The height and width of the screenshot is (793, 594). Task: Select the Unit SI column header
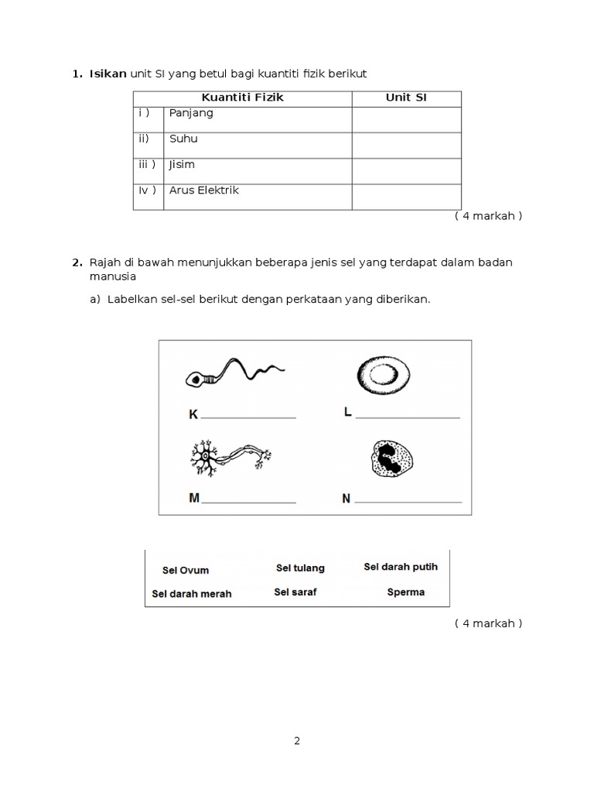(406, 98)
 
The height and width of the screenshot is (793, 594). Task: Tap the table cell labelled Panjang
(191, 113)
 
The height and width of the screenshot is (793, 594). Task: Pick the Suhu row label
(183, 139)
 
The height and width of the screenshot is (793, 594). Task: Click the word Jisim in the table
(182, 165)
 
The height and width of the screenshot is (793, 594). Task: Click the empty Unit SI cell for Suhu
(406, 145)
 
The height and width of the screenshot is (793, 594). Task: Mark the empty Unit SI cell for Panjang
(406, 118)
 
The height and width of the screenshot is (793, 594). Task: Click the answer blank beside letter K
(247, 417)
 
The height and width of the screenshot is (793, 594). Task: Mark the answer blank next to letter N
(408, 501)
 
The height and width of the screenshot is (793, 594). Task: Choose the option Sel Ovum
(186, 571)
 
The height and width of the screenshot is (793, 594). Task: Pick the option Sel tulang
(300, 568)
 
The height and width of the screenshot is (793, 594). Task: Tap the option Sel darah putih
(401, 567)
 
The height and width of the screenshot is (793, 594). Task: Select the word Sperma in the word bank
(405, 592)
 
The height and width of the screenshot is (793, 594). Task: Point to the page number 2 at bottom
(297, 740)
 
